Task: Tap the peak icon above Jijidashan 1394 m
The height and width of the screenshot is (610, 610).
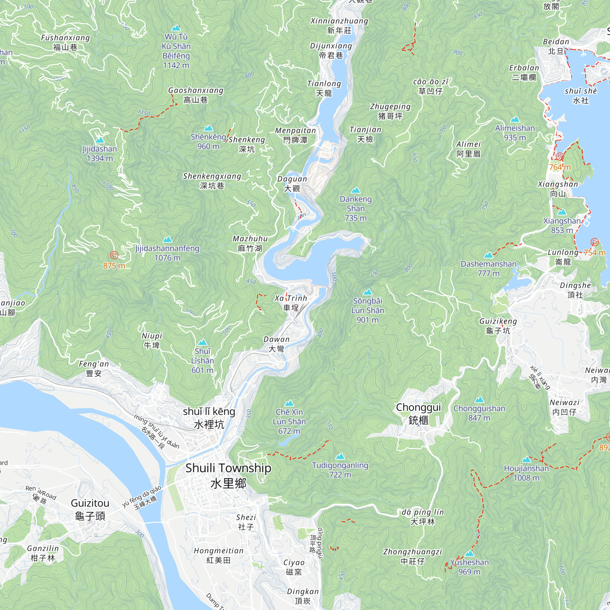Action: click(100, 140)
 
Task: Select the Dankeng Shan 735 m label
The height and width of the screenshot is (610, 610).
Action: click(356, 208)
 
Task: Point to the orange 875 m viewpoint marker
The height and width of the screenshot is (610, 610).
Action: click(114, 255)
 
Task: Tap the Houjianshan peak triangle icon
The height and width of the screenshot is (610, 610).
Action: click(526, 460)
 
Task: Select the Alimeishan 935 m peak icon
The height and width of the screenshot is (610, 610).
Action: click(515, 119)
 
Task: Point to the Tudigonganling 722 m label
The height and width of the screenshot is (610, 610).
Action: click(340, 470)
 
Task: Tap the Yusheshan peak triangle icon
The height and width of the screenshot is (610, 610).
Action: click(469, 554)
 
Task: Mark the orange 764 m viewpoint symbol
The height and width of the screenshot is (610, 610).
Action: click(559, 156)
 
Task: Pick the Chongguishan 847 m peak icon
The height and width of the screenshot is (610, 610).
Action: click(479, 400)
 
